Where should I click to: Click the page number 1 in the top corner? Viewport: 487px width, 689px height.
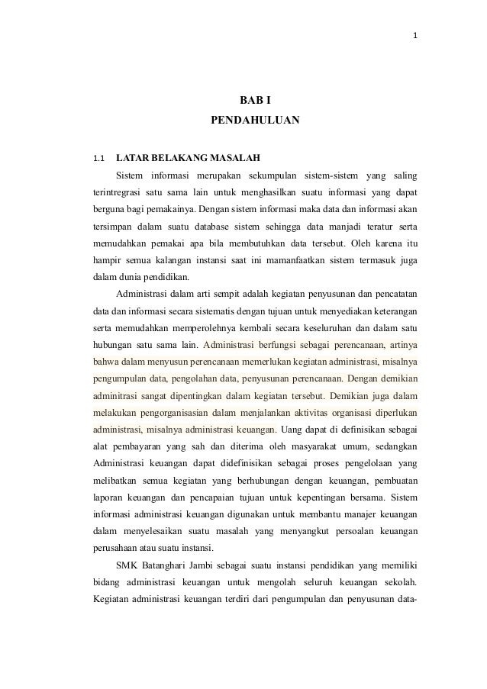point(414,36)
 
